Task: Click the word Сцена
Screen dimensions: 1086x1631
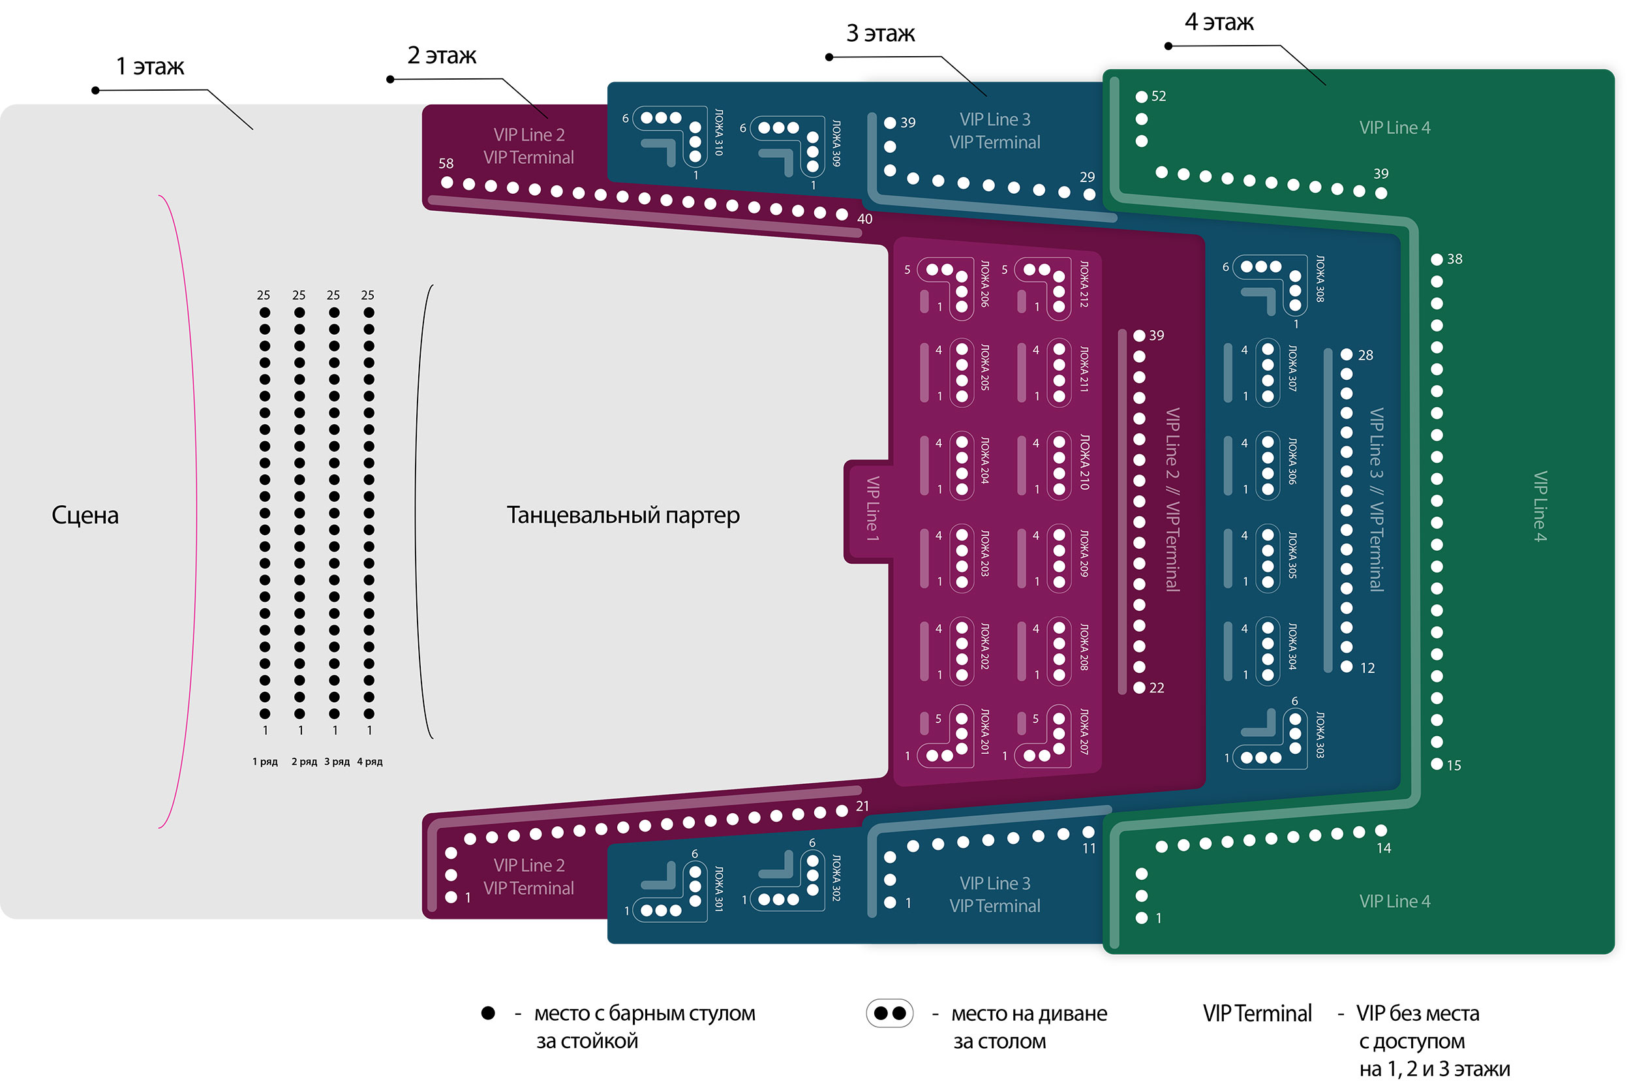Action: pos(85,516)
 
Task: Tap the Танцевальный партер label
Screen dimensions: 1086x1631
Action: pos(623,516)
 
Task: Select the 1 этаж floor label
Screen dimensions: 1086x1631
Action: pos(149,67)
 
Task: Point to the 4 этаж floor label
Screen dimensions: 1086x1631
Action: pos(1219,22)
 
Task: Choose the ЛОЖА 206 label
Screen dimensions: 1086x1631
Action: pos(984,284)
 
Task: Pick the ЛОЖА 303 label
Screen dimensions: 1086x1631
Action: pos(1319,735)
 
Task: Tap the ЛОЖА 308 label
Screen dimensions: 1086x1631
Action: pos(1319,279)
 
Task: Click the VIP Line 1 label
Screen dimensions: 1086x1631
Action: pos(872,509)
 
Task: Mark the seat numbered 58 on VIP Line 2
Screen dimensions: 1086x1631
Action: pos(447,183)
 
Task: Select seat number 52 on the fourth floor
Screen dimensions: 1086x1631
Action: pos(1142,97)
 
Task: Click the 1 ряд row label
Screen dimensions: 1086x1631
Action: pos(264,762)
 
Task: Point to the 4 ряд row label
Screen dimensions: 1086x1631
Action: pos(370,762)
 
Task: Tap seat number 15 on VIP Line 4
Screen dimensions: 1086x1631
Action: pos(1437,765)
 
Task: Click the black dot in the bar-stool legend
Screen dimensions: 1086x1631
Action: pos(488,1014)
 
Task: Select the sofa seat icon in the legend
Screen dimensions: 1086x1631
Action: pos(890,1014)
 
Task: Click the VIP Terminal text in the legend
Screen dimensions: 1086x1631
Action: pos(1257,1014)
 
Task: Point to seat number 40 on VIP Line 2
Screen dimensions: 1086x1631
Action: pos(842,215)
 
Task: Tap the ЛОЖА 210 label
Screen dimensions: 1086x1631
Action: pos(1084,463)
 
